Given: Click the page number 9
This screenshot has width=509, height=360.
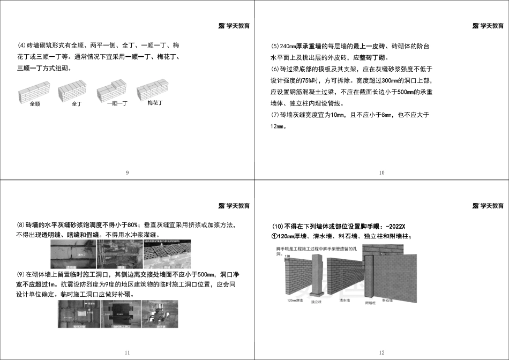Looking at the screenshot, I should [x=127, y=172].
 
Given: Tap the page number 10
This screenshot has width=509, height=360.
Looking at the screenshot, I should [x=381, y=172].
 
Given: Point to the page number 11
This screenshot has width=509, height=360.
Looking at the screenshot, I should [x=127, y=352].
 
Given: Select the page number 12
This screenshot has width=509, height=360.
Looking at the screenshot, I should [x=381, y=352].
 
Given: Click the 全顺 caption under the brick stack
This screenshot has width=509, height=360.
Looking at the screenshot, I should [x=34, y=104].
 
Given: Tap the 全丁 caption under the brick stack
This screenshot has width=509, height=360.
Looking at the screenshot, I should [x=77, y=104].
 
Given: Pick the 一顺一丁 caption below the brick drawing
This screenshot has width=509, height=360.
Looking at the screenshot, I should [x=116, y=104].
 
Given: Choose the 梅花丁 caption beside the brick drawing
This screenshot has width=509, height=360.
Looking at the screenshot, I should [x=155, y=102].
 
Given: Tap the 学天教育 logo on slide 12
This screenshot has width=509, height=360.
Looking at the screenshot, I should [x=488, y=206].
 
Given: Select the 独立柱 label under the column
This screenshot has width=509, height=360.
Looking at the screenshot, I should [x=316, y=302].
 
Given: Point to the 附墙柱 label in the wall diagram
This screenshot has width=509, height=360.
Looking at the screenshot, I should [x=370, y=303].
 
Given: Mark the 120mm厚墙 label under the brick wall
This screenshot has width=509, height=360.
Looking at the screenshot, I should [x=295, y=300].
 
